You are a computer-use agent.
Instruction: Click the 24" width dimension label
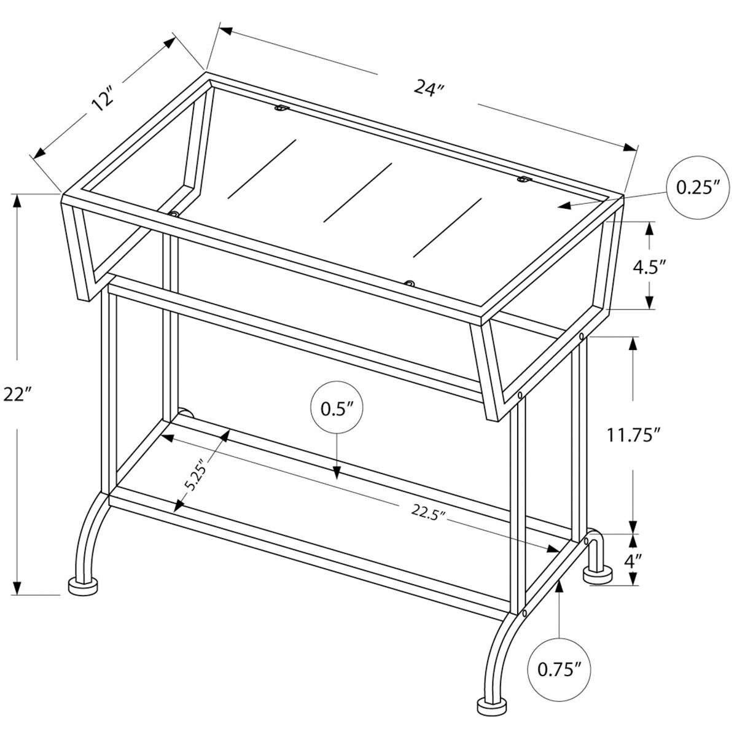coord(428,89)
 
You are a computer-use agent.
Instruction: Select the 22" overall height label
coord(17,394)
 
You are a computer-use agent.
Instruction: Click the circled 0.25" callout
coord(697,187)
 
